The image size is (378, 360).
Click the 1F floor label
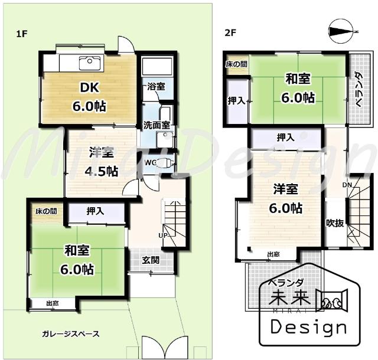click(21, 34)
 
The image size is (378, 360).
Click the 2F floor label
click(230, 32)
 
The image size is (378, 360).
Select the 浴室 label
click(157, 86)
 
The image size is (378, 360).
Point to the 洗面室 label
click(157, 125)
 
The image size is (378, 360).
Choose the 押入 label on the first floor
click(96, 210)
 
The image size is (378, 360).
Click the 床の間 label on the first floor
click(45, 211)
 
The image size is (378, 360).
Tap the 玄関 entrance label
click(151, 260)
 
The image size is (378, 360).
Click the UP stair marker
click(162, 235)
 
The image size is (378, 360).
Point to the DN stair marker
click(347, 186)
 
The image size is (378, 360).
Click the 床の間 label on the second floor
click(236, 63)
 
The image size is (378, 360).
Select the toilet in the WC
click(168, 161)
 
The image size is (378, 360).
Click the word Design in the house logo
click(307, 326)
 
